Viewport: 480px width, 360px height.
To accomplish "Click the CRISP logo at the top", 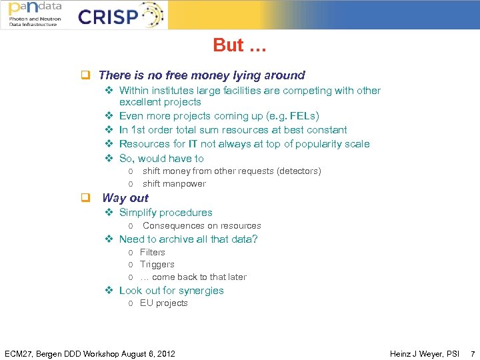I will pyautogui.click(x=120, y=15).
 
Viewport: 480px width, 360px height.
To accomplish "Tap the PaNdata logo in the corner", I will pyautogui.click(x=35, y=14).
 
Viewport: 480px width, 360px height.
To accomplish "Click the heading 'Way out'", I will pyautogui.click(x=125, y=198).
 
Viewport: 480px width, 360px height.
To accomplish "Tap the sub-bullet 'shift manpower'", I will pyautogui.click(x=174, y=184).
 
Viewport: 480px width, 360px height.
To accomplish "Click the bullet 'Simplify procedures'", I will pyautogui.click(x=165, y=213).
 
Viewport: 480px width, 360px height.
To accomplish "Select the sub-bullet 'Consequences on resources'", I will pyautogui.click(x=201, y=226).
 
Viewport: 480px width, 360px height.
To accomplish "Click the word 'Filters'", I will pyautogui.click(x=152, y=253).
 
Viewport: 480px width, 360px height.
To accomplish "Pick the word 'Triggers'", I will pyautogui.click(x=157, y=265).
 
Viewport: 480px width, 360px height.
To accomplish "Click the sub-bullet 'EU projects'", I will pyautogui.click(x=163, y=303).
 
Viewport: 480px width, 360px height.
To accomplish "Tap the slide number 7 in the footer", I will pyautogui.click(x=473, y=353).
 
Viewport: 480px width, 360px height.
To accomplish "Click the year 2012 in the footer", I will pyautogui.click(x=165, y=353).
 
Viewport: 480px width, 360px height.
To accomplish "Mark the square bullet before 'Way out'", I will pyautogui.click(x=85, y=198).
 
